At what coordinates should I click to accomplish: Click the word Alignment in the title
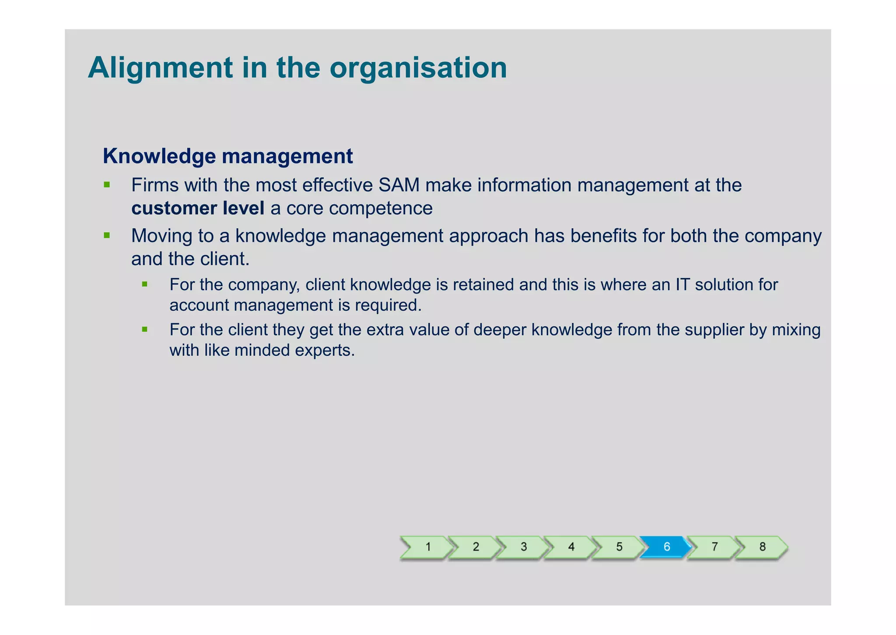point(161,68)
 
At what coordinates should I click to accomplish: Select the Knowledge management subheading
point(227,156)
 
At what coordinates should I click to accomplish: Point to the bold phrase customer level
point(198,208)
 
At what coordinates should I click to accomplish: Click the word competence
point(381,208)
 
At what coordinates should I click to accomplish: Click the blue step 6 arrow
point(665,547)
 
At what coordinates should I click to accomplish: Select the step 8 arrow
point(762,547)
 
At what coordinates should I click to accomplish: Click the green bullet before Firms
point(107,185)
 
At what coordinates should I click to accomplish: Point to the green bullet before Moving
point(107,235)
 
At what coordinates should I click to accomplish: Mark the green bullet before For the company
point(145,284)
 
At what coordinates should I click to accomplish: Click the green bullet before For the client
point(145,329)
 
